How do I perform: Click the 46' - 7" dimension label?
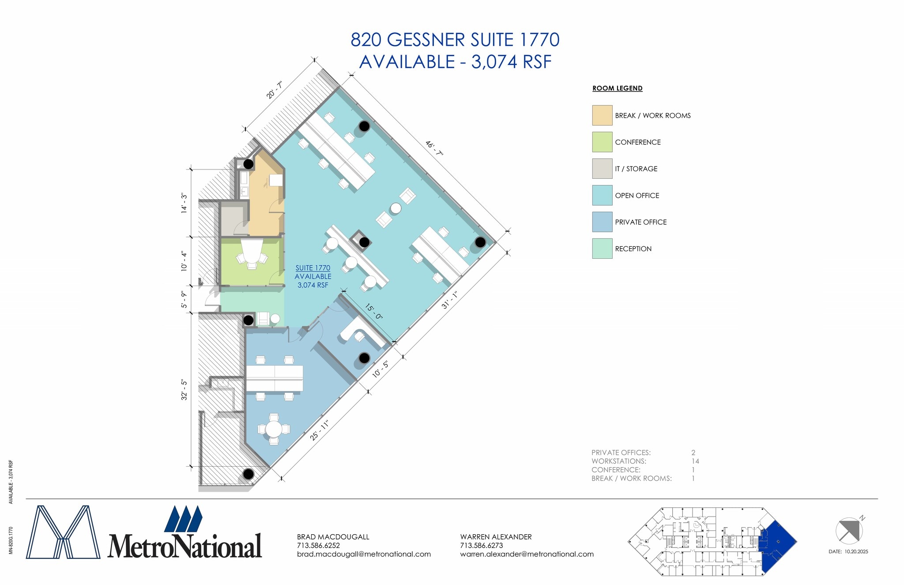434,148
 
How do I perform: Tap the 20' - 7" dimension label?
274,90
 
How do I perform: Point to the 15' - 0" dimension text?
373,311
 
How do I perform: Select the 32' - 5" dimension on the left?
184,390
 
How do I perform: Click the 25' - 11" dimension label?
320,430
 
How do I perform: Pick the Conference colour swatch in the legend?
602,142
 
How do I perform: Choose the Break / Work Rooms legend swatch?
602,115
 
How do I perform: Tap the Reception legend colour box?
602,249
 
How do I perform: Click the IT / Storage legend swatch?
602,169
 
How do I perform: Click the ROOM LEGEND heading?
617,88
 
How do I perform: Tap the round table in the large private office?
274,429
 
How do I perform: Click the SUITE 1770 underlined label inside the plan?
313,268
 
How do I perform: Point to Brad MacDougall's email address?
364,554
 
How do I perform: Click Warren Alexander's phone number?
481,545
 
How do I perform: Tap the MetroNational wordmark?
185,546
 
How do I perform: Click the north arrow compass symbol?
849,530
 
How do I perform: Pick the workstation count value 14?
695,461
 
